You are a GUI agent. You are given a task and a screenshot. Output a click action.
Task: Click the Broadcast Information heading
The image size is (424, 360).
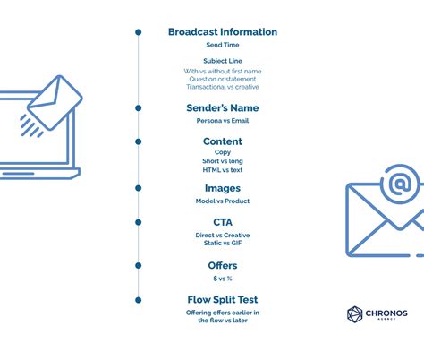[x=223, y=32]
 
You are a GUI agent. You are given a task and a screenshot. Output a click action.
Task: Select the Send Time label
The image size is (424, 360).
[x=223, y=45]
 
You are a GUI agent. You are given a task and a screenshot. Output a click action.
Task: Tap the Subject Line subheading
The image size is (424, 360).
[x=223, y=61]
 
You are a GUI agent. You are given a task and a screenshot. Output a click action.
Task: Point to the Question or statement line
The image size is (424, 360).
[x=223, y=79]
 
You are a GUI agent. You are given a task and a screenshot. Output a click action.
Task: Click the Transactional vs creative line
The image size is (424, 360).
[x=223, y=87]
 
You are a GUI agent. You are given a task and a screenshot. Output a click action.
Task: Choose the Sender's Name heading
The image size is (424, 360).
[x=223, y=108]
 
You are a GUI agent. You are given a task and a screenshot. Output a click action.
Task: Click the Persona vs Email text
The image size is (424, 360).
[x=223, y=120]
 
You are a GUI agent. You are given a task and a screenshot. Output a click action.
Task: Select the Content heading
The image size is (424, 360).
[x=223, y=141]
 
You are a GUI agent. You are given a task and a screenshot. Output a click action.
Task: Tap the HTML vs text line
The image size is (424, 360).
[x=223, y=169]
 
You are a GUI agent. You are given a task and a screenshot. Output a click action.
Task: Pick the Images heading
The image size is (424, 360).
[x=223, y=188]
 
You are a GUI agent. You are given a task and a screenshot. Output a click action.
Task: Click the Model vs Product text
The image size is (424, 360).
[x=223, y=201]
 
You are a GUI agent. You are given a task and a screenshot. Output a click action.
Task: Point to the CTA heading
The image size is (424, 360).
[x=223, y=221]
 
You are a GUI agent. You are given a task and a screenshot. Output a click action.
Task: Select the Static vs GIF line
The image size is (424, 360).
[x=223, y=243]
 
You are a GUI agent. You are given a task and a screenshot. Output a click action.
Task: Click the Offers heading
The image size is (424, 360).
[x=223, y=265]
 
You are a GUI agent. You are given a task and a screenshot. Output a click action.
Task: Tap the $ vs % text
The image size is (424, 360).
[x=223, y=278]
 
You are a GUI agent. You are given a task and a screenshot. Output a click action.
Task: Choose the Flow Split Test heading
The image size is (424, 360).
[x=223, y=299]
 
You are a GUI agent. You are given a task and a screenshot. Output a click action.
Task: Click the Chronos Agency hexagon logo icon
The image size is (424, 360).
[x=355, y=313]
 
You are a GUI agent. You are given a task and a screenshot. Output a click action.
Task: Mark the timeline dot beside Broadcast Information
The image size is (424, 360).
[x=138, y=32]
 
